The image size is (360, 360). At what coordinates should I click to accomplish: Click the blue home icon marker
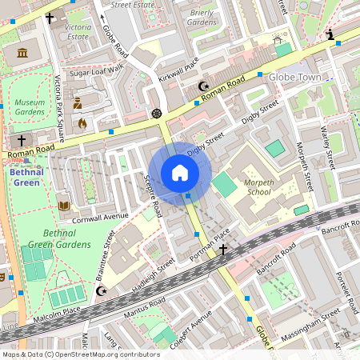tap(180, 173)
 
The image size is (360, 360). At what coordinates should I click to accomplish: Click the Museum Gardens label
tap(30, 108)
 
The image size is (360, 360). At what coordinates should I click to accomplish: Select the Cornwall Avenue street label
tap(101, 216)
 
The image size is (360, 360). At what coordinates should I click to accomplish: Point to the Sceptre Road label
tap(153, 196)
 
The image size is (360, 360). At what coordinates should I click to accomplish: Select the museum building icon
tap(22, 53)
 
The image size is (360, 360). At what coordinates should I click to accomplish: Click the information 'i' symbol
tap(330, 34)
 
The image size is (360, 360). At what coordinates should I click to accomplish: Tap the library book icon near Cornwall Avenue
tap(64, 206)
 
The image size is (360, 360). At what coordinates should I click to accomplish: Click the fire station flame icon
tap(82, 123)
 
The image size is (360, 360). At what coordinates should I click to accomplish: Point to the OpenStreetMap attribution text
tap(80, 354)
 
